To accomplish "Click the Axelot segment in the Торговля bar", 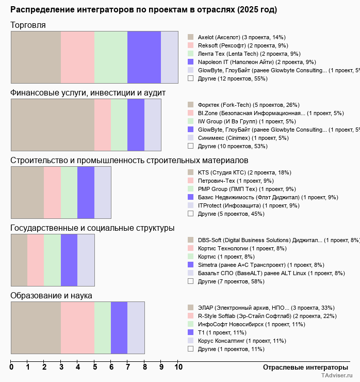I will point(36,57).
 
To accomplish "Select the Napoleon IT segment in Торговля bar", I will point(144,57).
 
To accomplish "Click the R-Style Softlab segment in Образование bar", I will point(77,328).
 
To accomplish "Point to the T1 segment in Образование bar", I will point(119,328).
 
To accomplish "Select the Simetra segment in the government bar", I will point(69,260).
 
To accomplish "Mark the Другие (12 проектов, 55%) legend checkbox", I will point(190,78).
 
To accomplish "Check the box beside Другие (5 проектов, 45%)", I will point(190,214).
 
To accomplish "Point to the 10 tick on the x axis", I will point(178,368).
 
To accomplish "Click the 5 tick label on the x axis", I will point(94,368).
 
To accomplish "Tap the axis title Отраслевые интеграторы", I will point(302,367).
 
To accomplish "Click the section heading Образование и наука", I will point(51,296).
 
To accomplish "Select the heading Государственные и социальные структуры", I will point(92,228).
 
